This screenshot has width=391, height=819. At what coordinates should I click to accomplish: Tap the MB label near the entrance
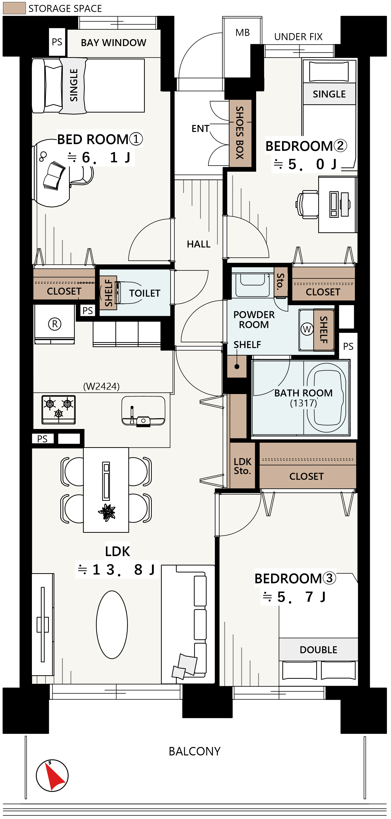243,32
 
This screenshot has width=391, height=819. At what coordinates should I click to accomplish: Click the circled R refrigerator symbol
55,324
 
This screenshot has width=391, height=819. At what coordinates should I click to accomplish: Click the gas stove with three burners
59,409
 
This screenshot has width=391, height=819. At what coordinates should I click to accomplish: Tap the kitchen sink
143,411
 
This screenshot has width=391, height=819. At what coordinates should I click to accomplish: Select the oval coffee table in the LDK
112,624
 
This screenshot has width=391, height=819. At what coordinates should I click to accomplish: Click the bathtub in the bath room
326,398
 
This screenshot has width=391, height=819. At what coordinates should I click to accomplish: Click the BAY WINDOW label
113,43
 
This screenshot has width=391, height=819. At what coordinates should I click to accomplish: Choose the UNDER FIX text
298,37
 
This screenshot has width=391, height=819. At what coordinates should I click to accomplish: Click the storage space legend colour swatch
14,8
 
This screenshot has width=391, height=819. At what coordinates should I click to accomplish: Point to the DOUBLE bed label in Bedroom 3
318,650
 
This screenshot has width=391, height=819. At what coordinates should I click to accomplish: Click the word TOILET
145,293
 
